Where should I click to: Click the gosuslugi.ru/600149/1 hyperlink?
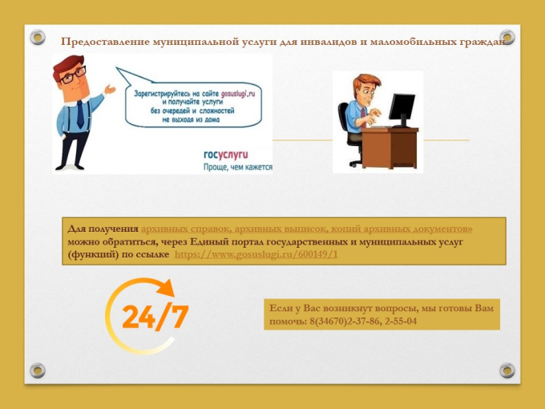tap(256, 254)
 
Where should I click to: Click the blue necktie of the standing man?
tap(80, 113)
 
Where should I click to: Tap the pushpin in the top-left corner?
tap(37, 38)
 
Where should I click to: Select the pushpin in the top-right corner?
tap(507, 38)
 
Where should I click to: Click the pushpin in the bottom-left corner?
tap(37, 370)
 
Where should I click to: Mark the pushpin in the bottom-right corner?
tap(507, 370)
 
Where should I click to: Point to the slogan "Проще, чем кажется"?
tap(239, 168)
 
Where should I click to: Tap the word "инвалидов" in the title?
tap(340, 41)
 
